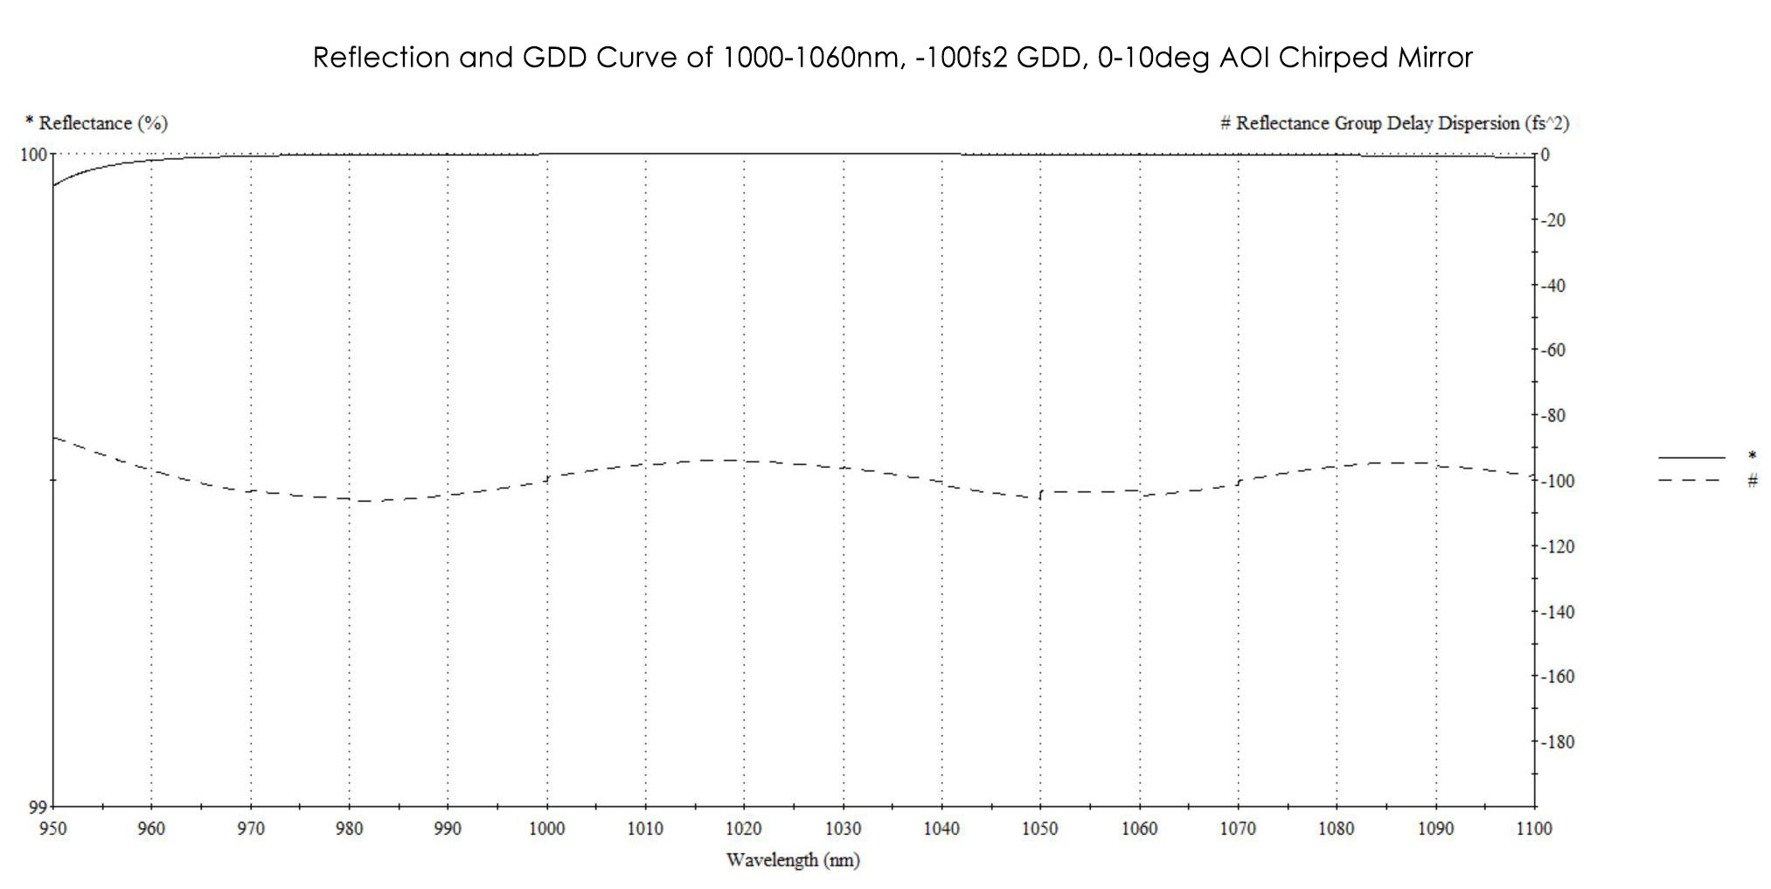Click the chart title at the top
[x=892, y=58]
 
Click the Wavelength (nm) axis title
[x=793, y=860]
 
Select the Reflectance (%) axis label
[x=97, y=123]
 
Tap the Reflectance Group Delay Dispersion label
[x=1394, y=123]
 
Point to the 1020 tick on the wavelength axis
[x=744, y=828]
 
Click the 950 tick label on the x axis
[x=53, y=828]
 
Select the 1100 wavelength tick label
[x=1534, y=828]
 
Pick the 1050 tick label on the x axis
[x=1040, y=828]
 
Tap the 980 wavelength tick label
[x=349, y=828]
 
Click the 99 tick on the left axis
[x=37, y=807]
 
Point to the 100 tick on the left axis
[x=33, y=155]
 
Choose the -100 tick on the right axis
[x=1557, y=481]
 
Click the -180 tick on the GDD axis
[x=1557, y=742]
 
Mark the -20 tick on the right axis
[x=1553, y=220]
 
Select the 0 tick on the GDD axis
[x=1545, y=155]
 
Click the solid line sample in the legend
[x=1691, y=457]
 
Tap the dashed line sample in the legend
[x=1691, y=480]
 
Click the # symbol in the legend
[x=1752, y=480]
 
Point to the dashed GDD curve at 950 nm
[x=54, y=436]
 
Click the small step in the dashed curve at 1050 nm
[x=1040, y=495]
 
